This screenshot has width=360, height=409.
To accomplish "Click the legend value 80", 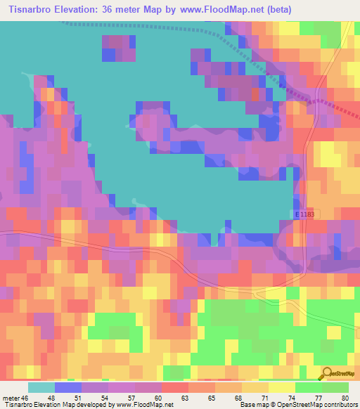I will pyautogui.click(x=344, y=397).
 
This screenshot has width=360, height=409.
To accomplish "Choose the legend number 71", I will pyautogui.click(x=264, y=397).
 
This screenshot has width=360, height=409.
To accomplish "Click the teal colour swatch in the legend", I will pyautogui.click(x=41, y=387).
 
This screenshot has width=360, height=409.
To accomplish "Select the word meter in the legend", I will pyautogui.click(x=12, y=397).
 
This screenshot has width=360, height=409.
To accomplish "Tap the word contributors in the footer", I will pyautogui.click(x=338, y=405).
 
